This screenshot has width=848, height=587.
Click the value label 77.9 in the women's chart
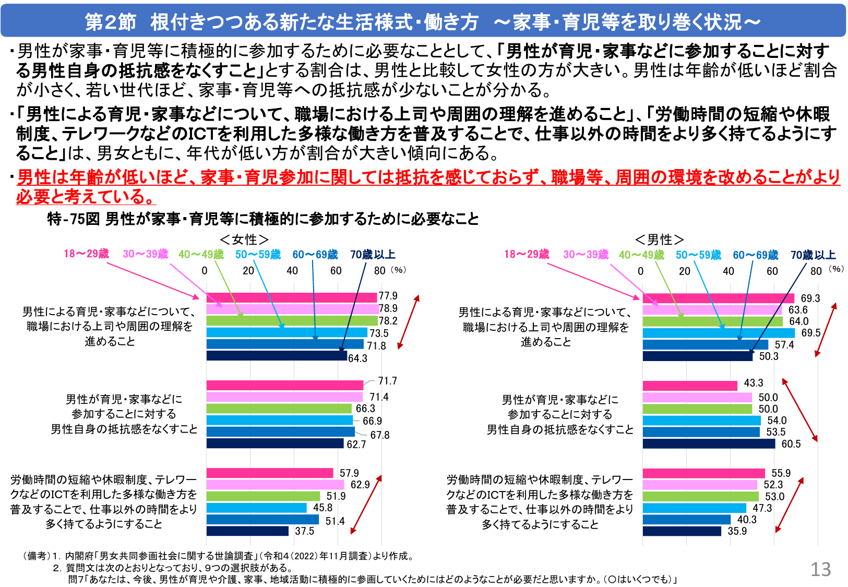[388, 296]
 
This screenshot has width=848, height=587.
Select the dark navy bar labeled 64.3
[277, 356]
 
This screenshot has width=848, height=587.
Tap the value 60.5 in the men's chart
[791, 444]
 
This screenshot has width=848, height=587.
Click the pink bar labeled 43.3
[689, 386]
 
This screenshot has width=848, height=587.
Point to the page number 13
[820, 569]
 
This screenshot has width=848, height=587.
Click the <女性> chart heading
[244, 239]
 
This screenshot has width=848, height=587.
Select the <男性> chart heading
[659, 239]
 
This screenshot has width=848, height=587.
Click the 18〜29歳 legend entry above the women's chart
[86, 254]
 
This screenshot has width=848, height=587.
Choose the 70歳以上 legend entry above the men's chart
[813, 255]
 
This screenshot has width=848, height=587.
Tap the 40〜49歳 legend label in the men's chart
[641, 255]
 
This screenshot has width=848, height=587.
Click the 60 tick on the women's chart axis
[336, 271]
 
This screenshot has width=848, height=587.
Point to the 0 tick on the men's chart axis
[640, 271]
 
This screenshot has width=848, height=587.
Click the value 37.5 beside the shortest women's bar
[304, 531]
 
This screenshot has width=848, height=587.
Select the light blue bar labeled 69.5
[719, 333]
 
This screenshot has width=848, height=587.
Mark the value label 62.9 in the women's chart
[360, 485]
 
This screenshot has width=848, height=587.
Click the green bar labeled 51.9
[263, 496]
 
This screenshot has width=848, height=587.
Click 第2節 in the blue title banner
[111, 22]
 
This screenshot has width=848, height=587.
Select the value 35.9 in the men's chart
[737, 531]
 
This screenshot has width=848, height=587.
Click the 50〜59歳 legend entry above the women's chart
[258, 255]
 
